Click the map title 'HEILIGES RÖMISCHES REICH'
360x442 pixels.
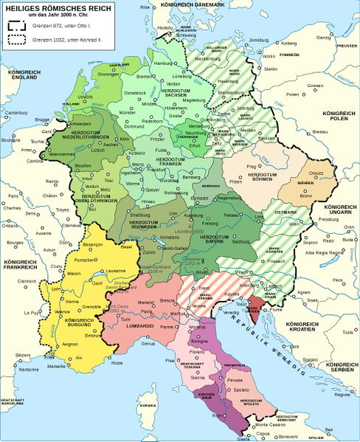click(x=44, y=7)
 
